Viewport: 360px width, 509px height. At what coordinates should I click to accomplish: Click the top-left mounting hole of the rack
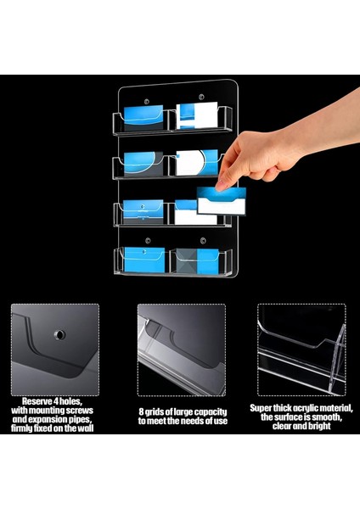pyautogui.click(x=147, y=102)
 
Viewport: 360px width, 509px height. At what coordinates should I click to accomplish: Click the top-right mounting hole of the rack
pyautogui.click(x=201, y=97)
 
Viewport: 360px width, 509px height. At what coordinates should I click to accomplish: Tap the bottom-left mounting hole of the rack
pyautogui.click(x=148, y=241)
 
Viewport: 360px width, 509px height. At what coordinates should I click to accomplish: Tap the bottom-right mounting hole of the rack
pyautogui.click(x=203, y=241)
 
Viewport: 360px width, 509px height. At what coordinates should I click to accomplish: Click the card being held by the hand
pyautogui.click(x=222, y=200)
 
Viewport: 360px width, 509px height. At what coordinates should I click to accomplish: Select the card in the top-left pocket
pyautogui.click(x=143, y=118)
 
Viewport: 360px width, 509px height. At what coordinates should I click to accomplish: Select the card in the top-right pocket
pyautogui.click(x=197, y=115)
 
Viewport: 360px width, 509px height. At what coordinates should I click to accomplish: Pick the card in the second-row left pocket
pyautogui.click(x=143, y=165)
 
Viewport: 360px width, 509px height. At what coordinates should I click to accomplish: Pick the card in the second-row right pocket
pyautogui.click(x=197, y=163)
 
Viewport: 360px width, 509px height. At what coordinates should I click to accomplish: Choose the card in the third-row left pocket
pyautogui.click(x=143, y=212)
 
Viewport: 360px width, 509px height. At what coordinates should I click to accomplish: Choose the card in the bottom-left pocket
pyautogui.click(x=144, y=260)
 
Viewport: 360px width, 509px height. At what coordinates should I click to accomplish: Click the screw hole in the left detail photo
pyautogui.click(x=59, y=334)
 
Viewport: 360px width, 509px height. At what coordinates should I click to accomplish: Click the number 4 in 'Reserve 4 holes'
pyautogui.click(x=56, y=401)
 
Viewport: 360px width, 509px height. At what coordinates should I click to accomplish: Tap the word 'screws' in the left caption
pyautogui.click(x=79, y=411)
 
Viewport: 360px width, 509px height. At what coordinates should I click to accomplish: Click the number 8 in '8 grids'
pyautogui.click(x=141, y=412)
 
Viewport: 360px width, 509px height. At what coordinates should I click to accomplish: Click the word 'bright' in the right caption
pyautogui.click(x=319, y=426)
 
